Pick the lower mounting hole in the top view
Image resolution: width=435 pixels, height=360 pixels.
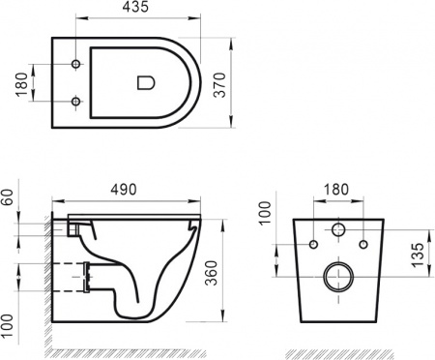77,100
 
